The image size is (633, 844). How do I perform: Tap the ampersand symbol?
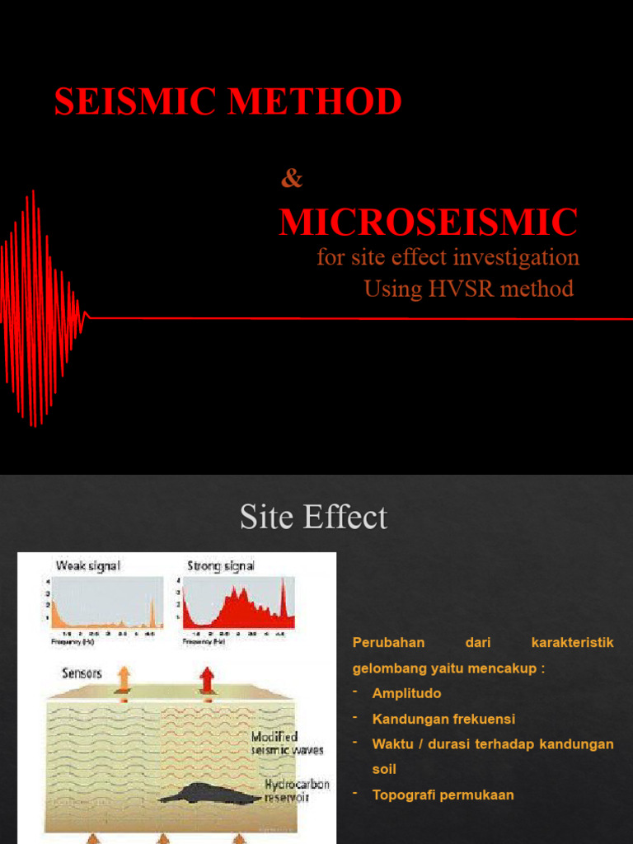click(x=292, y=177)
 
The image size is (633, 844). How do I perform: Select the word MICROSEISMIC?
click(x=428, y=223)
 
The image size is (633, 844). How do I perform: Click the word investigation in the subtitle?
click(x=513, y=257)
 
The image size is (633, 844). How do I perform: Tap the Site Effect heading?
click(x=313, y=518)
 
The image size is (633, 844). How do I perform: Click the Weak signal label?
click(x=87, y=566)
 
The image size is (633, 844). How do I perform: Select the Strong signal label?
click(x=221, y=566)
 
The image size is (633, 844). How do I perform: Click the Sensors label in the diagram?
click(x=82, y=673)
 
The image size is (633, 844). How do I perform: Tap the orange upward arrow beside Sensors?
click(x=124, y=678)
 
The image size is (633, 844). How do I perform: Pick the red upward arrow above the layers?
click(x=206, y=679)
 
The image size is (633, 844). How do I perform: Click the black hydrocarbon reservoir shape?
click(x=211, y=795)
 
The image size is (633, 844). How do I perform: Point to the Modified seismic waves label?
click(x=287, y=743)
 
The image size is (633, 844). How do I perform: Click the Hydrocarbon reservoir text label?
click(x=297, y=791)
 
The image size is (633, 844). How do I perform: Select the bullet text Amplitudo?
click(x=406, y=693)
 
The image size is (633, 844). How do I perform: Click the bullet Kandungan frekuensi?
click(x=443, y=719)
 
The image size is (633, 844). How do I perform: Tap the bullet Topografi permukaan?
click(x=443, y=795)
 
